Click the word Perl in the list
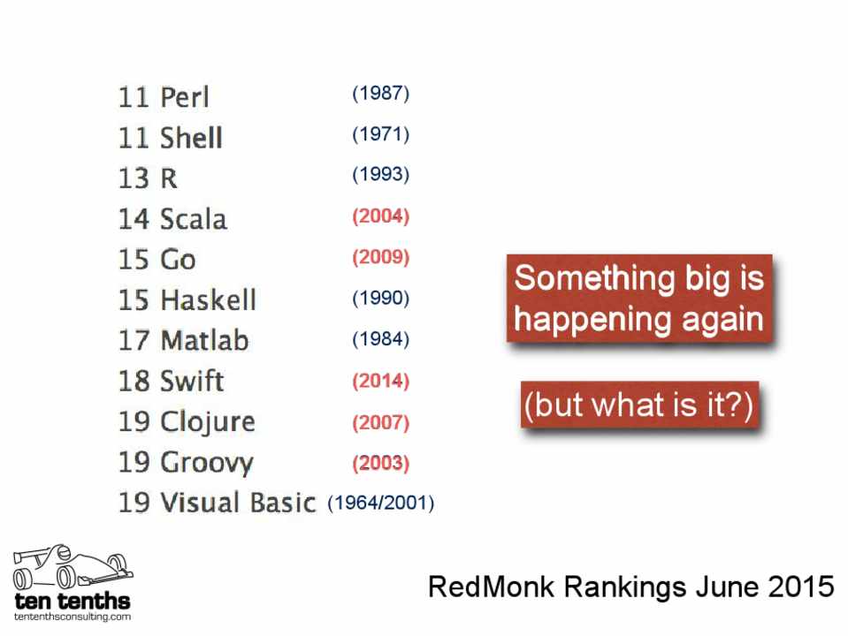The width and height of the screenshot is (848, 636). tap(185, 97)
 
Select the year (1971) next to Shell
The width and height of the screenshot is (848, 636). tap(381, 134)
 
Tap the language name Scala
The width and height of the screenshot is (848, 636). tap(194, 219)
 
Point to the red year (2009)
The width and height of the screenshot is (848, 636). tap(381, 257)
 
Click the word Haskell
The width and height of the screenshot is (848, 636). tap(208, 300)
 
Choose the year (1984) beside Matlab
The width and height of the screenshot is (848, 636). tap(381, 339)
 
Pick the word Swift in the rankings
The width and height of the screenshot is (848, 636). tap(192, 381)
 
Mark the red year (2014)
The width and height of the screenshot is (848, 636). tap(381, 381)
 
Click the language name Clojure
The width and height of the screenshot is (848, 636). tap(208, 422)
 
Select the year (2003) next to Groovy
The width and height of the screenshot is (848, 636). tap(381, 463)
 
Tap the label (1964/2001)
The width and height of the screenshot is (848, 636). tap(381, 503)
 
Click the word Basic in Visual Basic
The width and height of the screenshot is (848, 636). tap(283, 502)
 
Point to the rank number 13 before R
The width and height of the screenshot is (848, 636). tap(133, 178)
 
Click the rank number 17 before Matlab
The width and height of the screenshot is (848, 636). tap(133, 340)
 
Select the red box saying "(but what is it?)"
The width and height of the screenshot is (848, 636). tap(640, 405)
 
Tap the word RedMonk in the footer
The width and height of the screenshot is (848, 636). tap(491, 587)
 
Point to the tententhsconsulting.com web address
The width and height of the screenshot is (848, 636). tap(73, 617)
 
